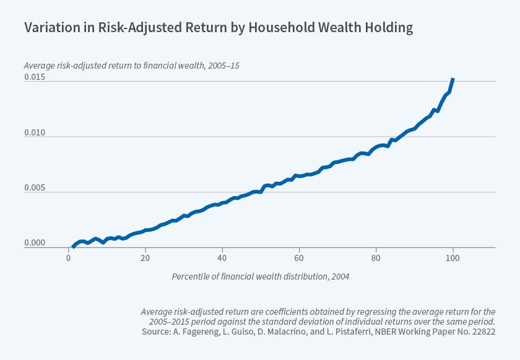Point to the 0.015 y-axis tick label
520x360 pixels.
click(35, 77)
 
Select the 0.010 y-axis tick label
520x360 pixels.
click(35, 132)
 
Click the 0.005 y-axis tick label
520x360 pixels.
click(35, 188)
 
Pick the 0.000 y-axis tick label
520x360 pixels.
click(35, 244)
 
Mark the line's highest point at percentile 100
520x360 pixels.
click(453, 79)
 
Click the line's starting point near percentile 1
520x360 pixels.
click(73, 247)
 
